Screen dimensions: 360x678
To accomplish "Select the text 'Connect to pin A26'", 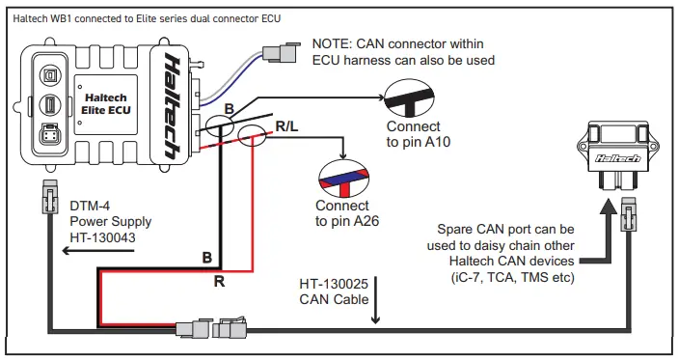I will (342, 213).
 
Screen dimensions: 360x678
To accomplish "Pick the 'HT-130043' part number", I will (101, 236).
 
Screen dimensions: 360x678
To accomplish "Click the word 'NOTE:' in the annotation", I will (335, 43).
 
